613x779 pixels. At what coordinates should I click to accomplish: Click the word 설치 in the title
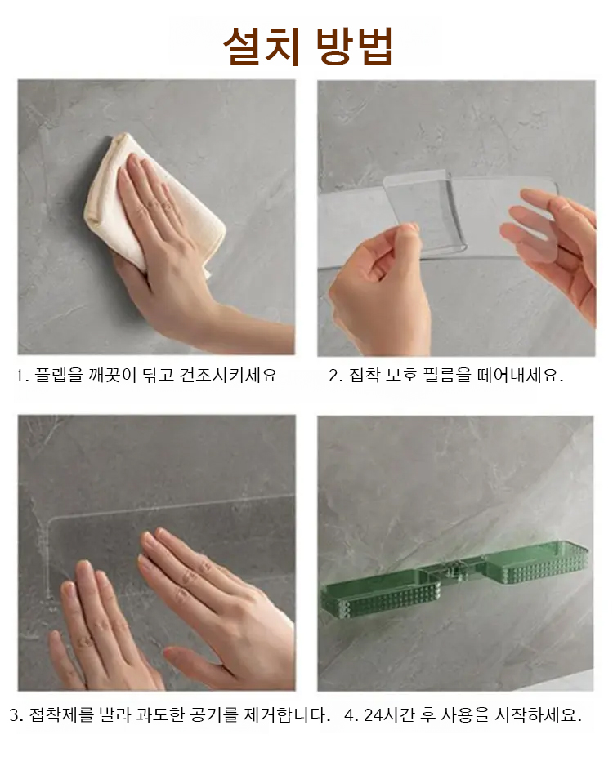262,46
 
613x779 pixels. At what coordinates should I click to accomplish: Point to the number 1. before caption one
21,376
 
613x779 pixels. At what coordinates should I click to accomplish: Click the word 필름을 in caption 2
446,375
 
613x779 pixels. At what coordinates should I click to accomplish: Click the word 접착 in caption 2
365,375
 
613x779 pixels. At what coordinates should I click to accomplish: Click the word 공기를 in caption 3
215,715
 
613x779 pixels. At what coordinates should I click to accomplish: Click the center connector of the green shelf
461,572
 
